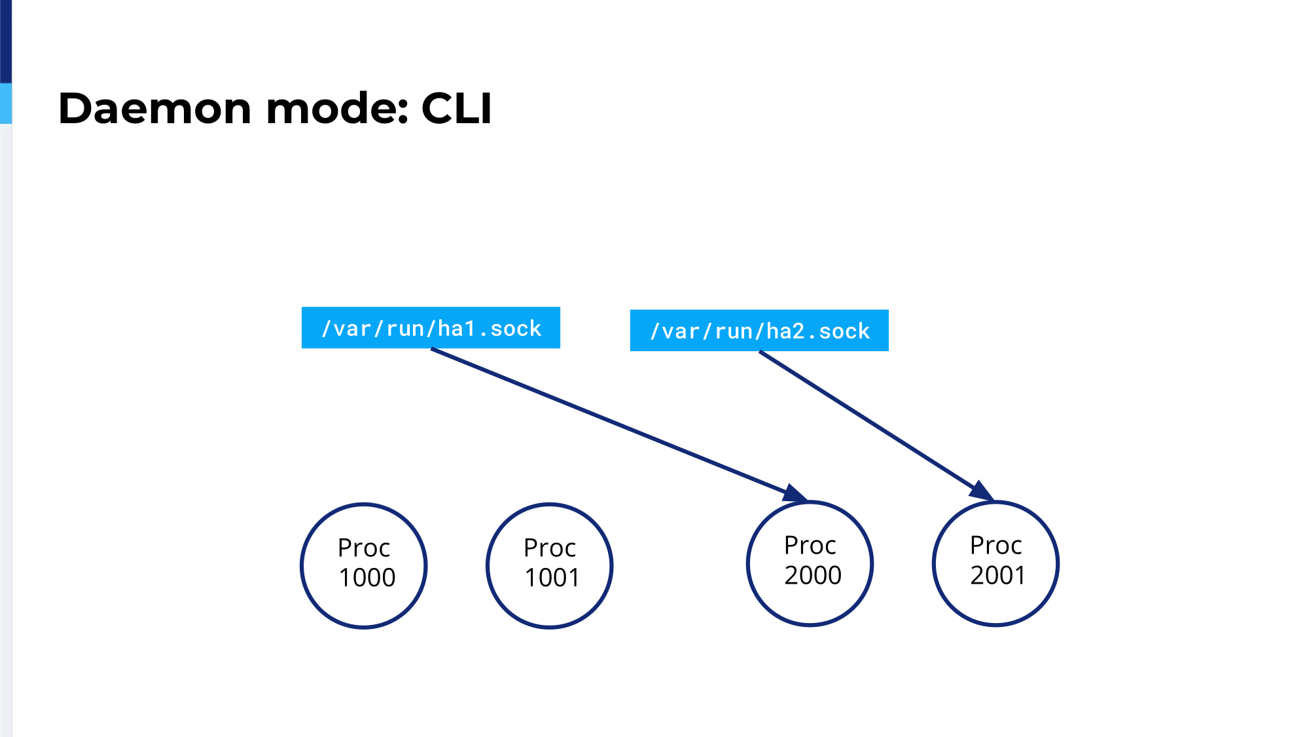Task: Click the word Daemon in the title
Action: pos(154,108)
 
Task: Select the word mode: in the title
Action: pos(337,108)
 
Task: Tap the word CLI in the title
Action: pos(456,108)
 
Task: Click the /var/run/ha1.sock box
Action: pos(431,328)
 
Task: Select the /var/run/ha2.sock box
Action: pos(759,330)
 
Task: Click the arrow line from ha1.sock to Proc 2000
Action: pos(620,425)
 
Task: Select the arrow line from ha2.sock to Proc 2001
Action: pos(877,426)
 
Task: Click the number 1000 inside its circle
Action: pos(367,578)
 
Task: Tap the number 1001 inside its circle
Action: pos(552,578)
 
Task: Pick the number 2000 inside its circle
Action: pos(813,575)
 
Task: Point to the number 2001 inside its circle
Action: pos(997,575)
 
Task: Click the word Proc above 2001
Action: pos(995,545)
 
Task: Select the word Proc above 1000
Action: pos(364,548)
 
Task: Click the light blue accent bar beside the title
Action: pos(6,104)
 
